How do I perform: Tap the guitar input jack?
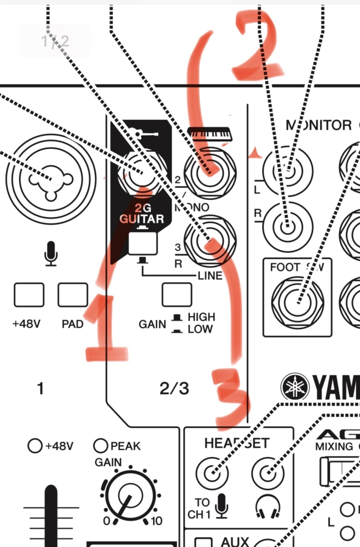[x=141, y=175]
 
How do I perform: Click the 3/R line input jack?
[x=209, y=239]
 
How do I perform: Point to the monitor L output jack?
[x=288, y=171]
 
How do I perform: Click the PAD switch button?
[x=73, y=295]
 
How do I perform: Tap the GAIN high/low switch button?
[x=177, y=295]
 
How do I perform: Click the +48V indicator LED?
[x=34, y=446]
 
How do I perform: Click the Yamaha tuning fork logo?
[x=295, y=387]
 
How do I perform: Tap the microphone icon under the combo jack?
[x=51, y=254]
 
